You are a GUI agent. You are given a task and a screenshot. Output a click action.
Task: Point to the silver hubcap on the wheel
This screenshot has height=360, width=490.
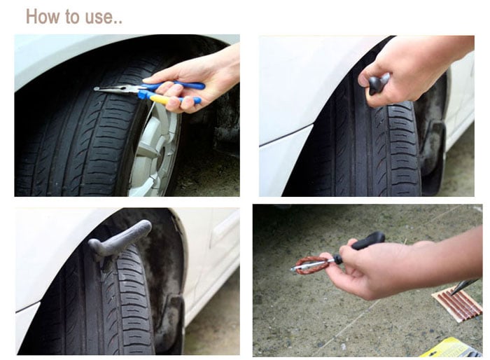coord(155,149)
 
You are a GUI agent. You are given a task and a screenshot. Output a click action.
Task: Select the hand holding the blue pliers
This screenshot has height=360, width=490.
coord(197,80)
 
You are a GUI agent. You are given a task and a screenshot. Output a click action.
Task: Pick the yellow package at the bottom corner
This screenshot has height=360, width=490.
coord(450,348)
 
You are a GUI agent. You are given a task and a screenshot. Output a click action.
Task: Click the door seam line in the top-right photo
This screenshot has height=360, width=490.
coord(286,135)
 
